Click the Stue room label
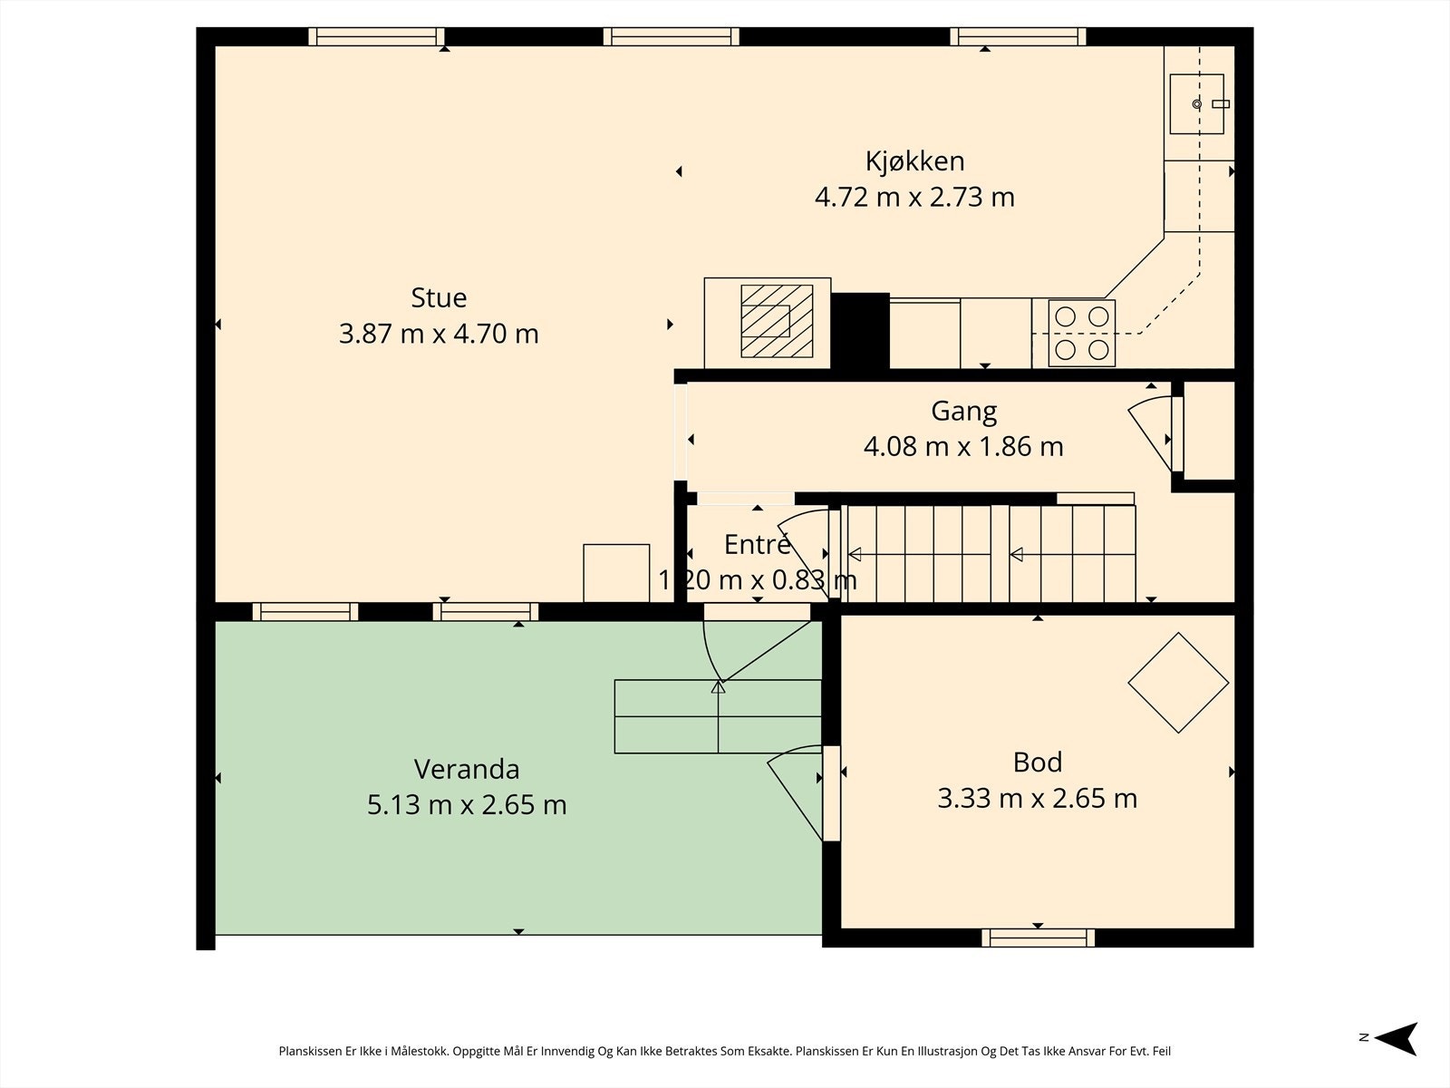[x=439, y=298]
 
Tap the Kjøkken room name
[x=915, y=162]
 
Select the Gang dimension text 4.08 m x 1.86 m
[x=963, y=447]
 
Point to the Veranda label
[x=467, y=769]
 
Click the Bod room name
[x=1037, y=763]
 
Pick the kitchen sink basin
[x=1196, y=103]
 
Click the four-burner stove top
[x=1081, y=333]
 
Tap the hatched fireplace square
[x=777, y=321]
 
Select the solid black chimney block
[x=860, y=330]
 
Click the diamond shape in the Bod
[x=1178, y=683]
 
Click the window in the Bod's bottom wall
[x=1038, y=938]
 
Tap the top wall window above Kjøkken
[x=1018, y=36]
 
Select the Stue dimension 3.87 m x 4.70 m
[x=439, y=334]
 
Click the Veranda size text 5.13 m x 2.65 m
[x=467, y=804]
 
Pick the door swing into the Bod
[x=795, y=792]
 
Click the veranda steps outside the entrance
[x=718, y=716]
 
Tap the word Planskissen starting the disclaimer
[x=311, y=1051]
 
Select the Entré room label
[x=758, y=544]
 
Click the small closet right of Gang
[x=1209, y=431]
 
